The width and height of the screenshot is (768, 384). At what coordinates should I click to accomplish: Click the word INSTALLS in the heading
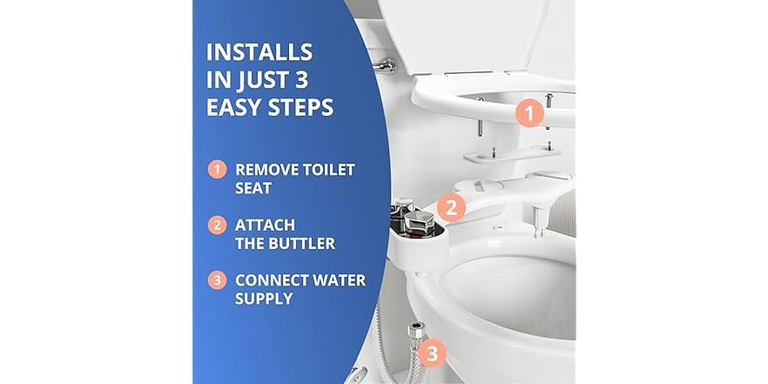(x=259, y=51)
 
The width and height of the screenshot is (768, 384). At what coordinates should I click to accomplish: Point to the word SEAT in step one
(x=253, y=187)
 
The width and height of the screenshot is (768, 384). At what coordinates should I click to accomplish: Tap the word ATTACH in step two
(x=264, y=225)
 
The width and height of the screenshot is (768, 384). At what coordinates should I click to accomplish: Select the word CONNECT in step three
(x=273, y=280)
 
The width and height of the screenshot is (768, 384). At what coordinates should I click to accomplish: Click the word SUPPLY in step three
(x=264, y=299)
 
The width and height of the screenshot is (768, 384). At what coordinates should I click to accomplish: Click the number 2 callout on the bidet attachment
(x=450, y=207)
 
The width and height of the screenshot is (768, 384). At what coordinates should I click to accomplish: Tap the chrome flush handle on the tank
(x=384, y=65)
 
